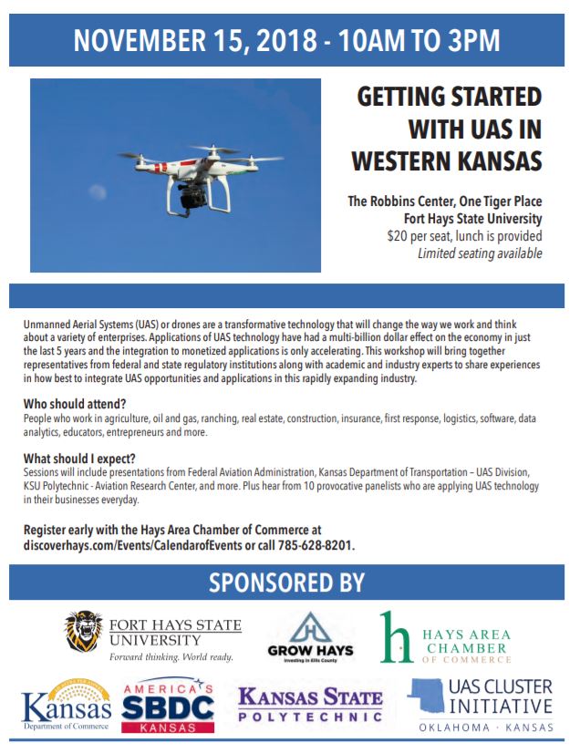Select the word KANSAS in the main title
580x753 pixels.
click(493, 160)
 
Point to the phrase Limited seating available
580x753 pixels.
click(480, 253)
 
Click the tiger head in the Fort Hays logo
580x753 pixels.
click(84, 631)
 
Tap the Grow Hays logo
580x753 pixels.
click(311, 636)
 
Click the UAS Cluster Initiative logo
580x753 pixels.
click(482, 706)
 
